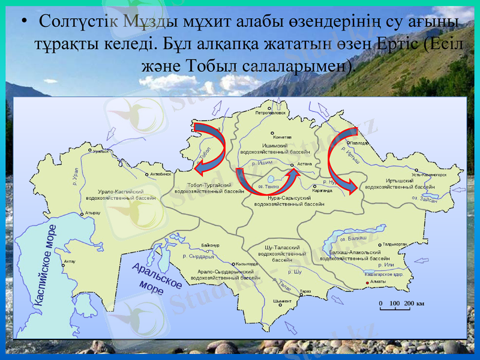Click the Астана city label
coord(304,163)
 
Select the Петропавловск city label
coord(271,113)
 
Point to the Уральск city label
coord(101,151)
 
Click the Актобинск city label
coord(161,174)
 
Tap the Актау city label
coord(70,262)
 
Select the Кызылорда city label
coord(247,264)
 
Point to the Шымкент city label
coord(281,301)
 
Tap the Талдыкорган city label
coord(395,245)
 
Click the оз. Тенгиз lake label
coord(269,187)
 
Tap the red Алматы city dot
coord(367,282)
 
